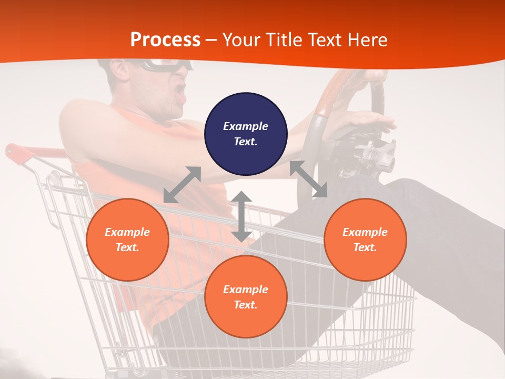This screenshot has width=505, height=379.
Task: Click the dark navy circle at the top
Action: (x=246, y=134)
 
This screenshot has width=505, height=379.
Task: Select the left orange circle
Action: (x=127, y=240)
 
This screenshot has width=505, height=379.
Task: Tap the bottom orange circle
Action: (x=246, y=296)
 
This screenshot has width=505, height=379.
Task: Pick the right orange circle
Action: (x=365, y=240)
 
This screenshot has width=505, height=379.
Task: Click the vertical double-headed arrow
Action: (x=241, y=216)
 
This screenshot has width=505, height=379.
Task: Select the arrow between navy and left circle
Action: (x=182, y=184)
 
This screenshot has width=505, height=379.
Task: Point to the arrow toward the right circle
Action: (x=308, y=179)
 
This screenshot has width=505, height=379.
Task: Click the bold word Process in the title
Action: (x=165, y=39)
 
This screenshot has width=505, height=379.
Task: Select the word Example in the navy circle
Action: (x=246, y=126)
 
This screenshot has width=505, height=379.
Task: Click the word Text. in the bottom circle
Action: (x=246, y=305)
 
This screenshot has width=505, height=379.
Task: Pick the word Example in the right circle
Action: (x=365, y=232)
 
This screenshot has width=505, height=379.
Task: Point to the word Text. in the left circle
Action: (x=127, y=247)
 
